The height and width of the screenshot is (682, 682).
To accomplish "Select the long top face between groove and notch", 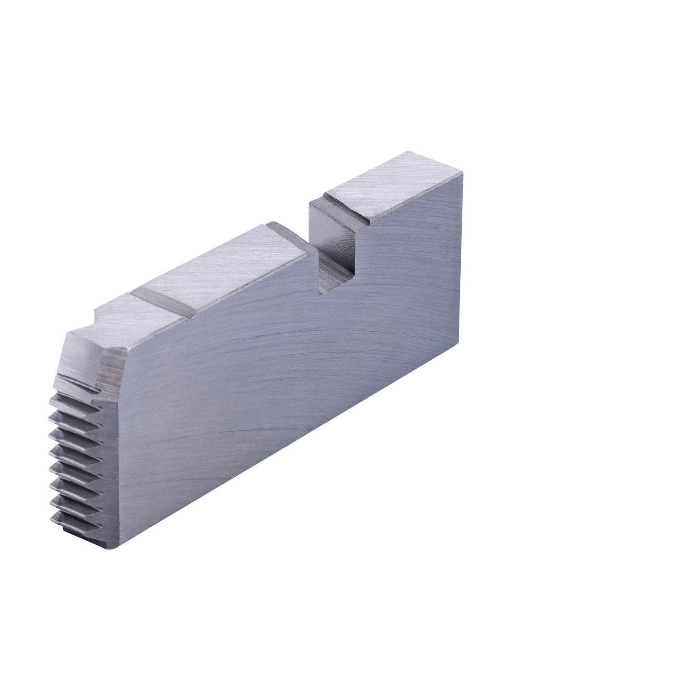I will (x=226, y=269).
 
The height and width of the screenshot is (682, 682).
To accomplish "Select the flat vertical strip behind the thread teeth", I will (x=112, y=469).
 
